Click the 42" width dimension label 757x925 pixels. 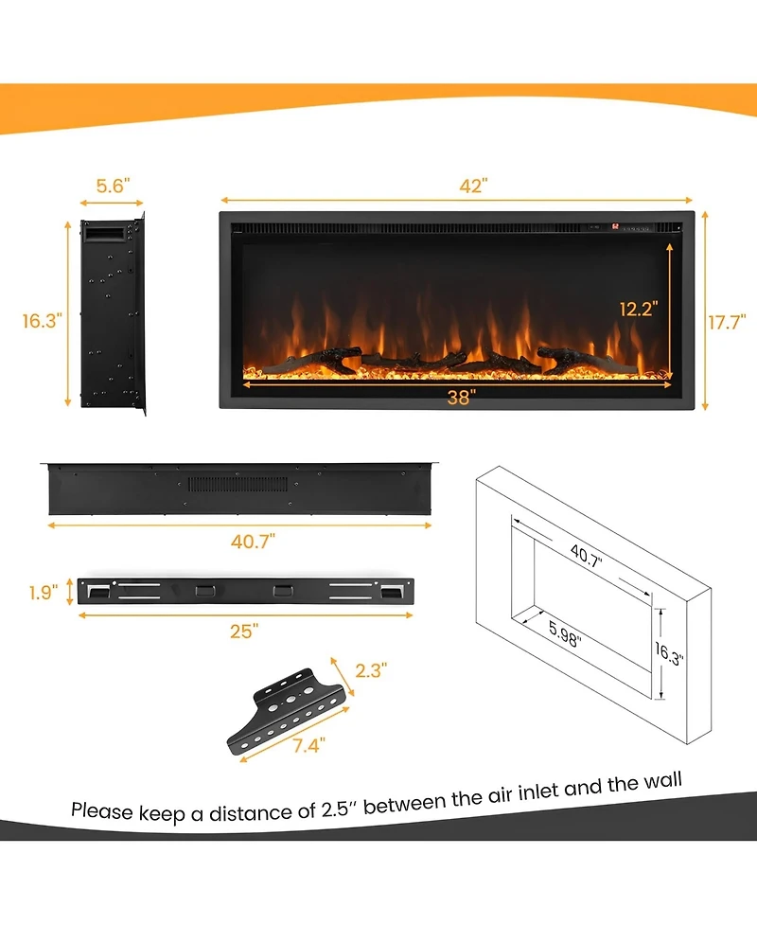[472, 186]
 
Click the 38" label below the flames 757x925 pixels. [460, 398]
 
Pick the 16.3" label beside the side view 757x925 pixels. [42, 320]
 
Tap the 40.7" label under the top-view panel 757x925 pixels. [252, 541]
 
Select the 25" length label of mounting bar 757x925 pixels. [243, 631]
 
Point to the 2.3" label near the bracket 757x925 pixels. [369, 671]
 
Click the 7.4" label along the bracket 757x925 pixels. [308, 745]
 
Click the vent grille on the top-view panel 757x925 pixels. [251, 484]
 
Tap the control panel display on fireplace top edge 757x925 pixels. [632, 227]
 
